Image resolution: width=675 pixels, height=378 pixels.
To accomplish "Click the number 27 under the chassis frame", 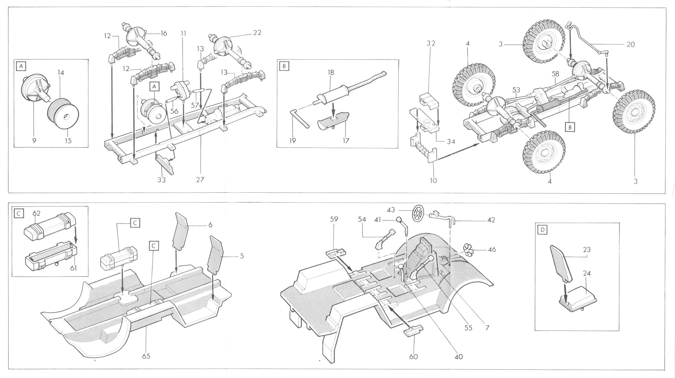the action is [x=200, y=179].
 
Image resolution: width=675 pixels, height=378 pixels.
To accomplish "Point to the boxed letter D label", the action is [x=543, y=230].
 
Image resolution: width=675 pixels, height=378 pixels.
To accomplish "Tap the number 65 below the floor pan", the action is [x=146, y=356].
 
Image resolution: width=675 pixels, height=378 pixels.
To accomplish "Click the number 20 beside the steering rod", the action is [x=630, y=44].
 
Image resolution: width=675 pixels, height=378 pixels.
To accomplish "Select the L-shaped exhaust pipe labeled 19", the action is [x=300, y=118].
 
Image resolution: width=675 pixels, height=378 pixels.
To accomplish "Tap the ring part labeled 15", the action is [x=63, y=113].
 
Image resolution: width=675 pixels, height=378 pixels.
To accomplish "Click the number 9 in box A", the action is [x=34, y=141].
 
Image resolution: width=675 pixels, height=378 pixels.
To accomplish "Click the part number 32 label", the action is [x=431, y=44].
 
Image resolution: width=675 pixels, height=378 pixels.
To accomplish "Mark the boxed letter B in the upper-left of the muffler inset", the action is [x=284, y=66].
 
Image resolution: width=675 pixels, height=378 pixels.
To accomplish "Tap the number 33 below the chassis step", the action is [x=162, y=180].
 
